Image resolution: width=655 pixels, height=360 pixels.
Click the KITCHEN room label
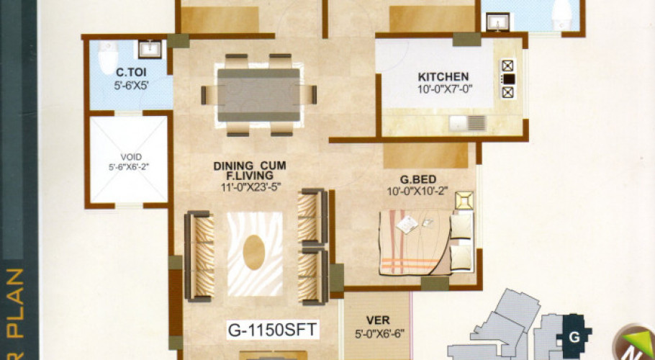pos(443,77)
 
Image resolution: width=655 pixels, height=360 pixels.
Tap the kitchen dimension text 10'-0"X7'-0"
pos(445,89)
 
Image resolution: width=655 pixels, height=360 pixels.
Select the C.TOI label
pos(131,73)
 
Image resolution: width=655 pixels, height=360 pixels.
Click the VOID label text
pos(131,157)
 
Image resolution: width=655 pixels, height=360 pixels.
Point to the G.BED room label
pos(417,179)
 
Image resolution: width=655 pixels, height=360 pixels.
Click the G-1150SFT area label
pos(272,330)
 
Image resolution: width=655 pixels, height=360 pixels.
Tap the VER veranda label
pos(378,320)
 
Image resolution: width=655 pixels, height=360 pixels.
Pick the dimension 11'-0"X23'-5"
pos(250,187)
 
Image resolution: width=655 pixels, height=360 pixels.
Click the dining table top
pos(258,95)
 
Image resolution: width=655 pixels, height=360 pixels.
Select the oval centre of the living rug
pos(254,252)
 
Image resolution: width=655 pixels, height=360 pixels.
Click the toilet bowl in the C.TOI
pos(108,57)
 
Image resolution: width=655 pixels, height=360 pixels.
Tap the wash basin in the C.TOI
pos(149,49)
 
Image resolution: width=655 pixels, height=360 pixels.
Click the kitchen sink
pos(468,123)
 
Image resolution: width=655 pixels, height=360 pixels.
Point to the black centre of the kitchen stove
pos(508,79)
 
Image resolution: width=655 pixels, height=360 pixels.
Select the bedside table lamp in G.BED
pos(464,200)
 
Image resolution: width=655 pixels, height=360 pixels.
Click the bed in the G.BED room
pos(426,242)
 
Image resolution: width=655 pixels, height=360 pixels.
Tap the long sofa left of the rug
pos(199,256)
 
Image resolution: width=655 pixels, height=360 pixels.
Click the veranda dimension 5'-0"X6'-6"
pos(380,334)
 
